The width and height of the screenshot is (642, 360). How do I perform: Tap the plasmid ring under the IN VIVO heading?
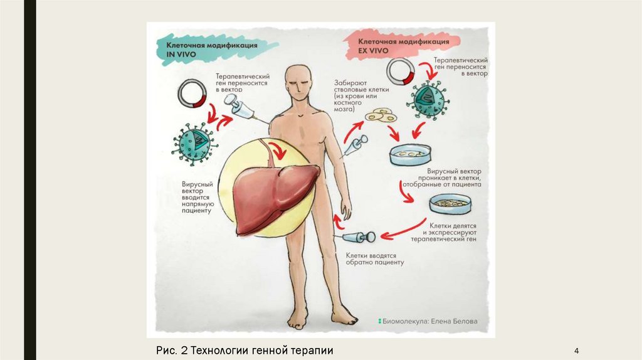point(192,93)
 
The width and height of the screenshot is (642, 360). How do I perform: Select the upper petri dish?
point(410,153)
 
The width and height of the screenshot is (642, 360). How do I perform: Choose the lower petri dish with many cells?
point(450,203)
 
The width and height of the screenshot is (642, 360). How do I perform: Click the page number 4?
point(576,350)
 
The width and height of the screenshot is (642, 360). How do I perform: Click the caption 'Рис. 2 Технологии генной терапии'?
point(245,350)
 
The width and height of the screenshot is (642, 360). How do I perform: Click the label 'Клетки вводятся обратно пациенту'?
point(375,259)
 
